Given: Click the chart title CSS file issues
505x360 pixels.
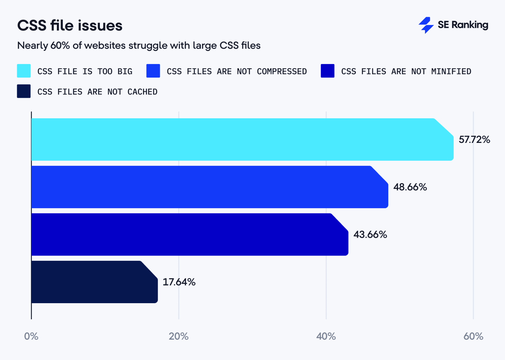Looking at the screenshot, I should tap(70, 26).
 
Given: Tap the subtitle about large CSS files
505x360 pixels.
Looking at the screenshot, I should tap(139, 45).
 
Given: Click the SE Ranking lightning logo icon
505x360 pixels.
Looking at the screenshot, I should tap(426, 25).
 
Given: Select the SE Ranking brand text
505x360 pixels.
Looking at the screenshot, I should tap(463, 25).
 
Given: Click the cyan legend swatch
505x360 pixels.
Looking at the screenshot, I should tap(24, 71).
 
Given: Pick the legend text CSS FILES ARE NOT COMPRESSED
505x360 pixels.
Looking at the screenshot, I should tap(237, 71).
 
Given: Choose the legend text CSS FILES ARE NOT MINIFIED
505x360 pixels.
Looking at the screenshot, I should tap(406, 71).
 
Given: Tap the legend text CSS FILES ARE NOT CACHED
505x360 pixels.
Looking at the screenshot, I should tap(97, 92).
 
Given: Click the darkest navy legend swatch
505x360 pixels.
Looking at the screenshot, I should tap(24, 91).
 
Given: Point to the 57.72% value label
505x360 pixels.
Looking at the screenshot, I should tap(474, 140).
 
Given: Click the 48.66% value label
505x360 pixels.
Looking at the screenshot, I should tap(410, 187).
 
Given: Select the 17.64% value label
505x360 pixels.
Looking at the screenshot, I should tap(179, 282).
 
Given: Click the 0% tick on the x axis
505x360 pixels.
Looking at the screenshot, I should tap(31, 336).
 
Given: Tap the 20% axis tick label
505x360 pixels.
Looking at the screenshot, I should tap(179, 336).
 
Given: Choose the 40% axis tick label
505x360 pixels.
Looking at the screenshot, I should tap(326, 336).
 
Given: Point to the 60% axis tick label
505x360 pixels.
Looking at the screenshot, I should tap(473, 336).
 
